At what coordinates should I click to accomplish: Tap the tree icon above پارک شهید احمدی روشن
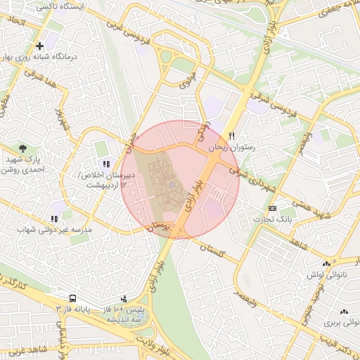pyautogui.click(x=23, y=148)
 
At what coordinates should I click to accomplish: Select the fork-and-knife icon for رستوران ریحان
pyautogui.click(x=232, y=136)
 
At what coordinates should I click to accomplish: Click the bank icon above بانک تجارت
pyautogui.click(x=272, y=208)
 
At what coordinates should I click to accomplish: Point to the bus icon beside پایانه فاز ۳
pyautogui.click(x=72, y=297)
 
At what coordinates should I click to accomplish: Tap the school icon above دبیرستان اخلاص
pyautogui.click(x=107, y=164)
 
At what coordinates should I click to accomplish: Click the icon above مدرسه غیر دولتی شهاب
pyautogui.click(x=54, y=219)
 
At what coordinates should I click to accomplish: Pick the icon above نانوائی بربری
pyautogui.click(x=344, y=312)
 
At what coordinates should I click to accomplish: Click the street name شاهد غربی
pyautogui.click(x=23, y=349)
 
